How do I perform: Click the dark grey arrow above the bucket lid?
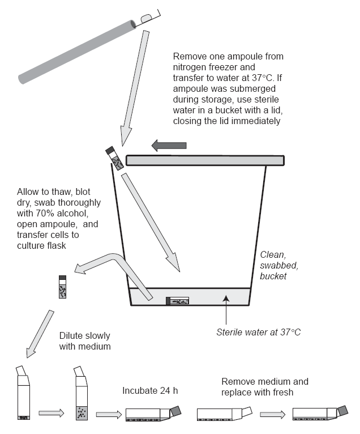[x=169, y=145]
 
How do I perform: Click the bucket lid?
[x=205, y=160]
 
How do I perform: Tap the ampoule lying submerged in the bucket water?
[x=178, y=301]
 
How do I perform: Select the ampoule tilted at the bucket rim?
[x=114, y=158]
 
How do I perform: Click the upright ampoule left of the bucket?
[x=62, y=287]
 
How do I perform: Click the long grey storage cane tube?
[x=77, y=52]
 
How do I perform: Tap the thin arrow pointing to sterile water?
[x=226, y=310]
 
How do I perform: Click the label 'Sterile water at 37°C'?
[x=258, y=332]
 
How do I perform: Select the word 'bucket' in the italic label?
[x=273, y=276]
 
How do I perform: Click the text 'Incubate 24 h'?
[x=150, y=390]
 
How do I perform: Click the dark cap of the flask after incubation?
[x=175, y=411]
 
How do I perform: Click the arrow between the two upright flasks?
[x=52, y=413]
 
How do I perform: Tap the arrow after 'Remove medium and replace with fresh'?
[x=273, y=414]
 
